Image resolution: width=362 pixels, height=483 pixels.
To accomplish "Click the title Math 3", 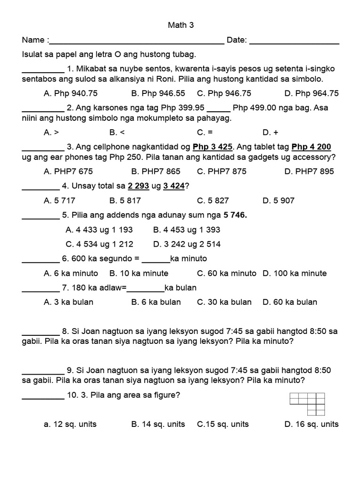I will coord(181,25).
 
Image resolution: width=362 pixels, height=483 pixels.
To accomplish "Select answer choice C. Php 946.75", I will coord(224,93).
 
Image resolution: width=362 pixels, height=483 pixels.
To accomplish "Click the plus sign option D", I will coord(270,133).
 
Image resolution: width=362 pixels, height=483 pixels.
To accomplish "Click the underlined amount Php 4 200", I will coord(312,147).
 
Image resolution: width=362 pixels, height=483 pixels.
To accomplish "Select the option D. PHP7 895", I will coord(309,171).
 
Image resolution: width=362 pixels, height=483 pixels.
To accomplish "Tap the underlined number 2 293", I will coord(136,186).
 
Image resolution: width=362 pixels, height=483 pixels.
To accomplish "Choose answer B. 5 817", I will coord(125,200).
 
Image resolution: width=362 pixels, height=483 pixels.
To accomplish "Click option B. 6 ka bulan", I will coord(156,302).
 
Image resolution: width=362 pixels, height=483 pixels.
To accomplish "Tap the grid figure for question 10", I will coord(309,404).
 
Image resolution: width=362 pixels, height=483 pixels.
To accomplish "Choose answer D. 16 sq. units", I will coord(311,424).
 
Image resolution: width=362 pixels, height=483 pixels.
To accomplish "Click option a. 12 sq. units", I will coord(70,424).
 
